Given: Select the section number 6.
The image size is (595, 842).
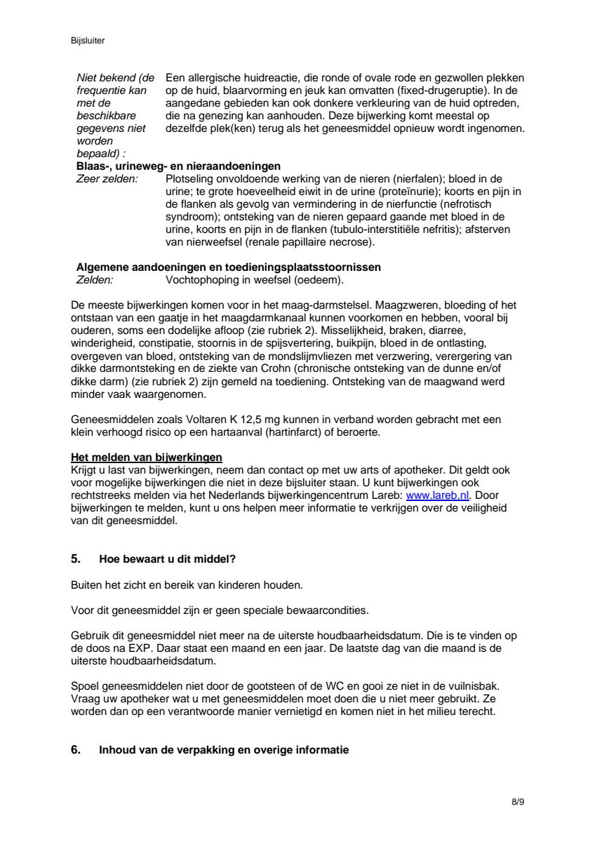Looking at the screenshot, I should (x=76, y=749).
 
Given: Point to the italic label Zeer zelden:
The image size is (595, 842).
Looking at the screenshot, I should (x=107, y=179).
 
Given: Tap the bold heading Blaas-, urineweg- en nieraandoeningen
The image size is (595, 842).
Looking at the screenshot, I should (x=178, y=166).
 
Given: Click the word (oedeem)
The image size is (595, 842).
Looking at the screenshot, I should (x=320, y=280).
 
